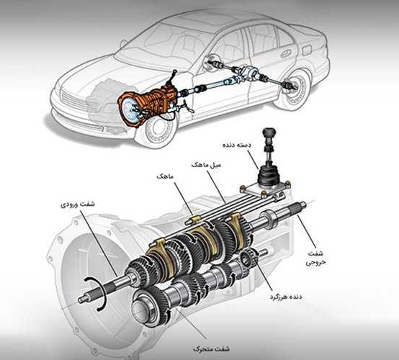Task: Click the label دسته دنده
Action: pos(237,145)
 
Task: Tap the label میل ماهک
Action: pos(207,165)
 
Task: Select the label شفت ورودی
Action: pos(77,204)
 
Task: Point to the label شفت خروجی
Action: pos(315,258)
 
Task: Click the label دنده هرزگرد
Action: pos(286,297)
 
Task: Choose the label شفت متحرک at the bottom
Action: pos(211,348)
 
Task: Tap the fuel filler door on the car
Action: pos(307,50)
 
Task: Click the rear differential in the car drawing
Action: pos(249,73)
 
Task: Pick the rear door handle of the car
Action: pos(285,53)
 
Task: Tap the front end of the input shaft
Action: pos(81,300)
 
